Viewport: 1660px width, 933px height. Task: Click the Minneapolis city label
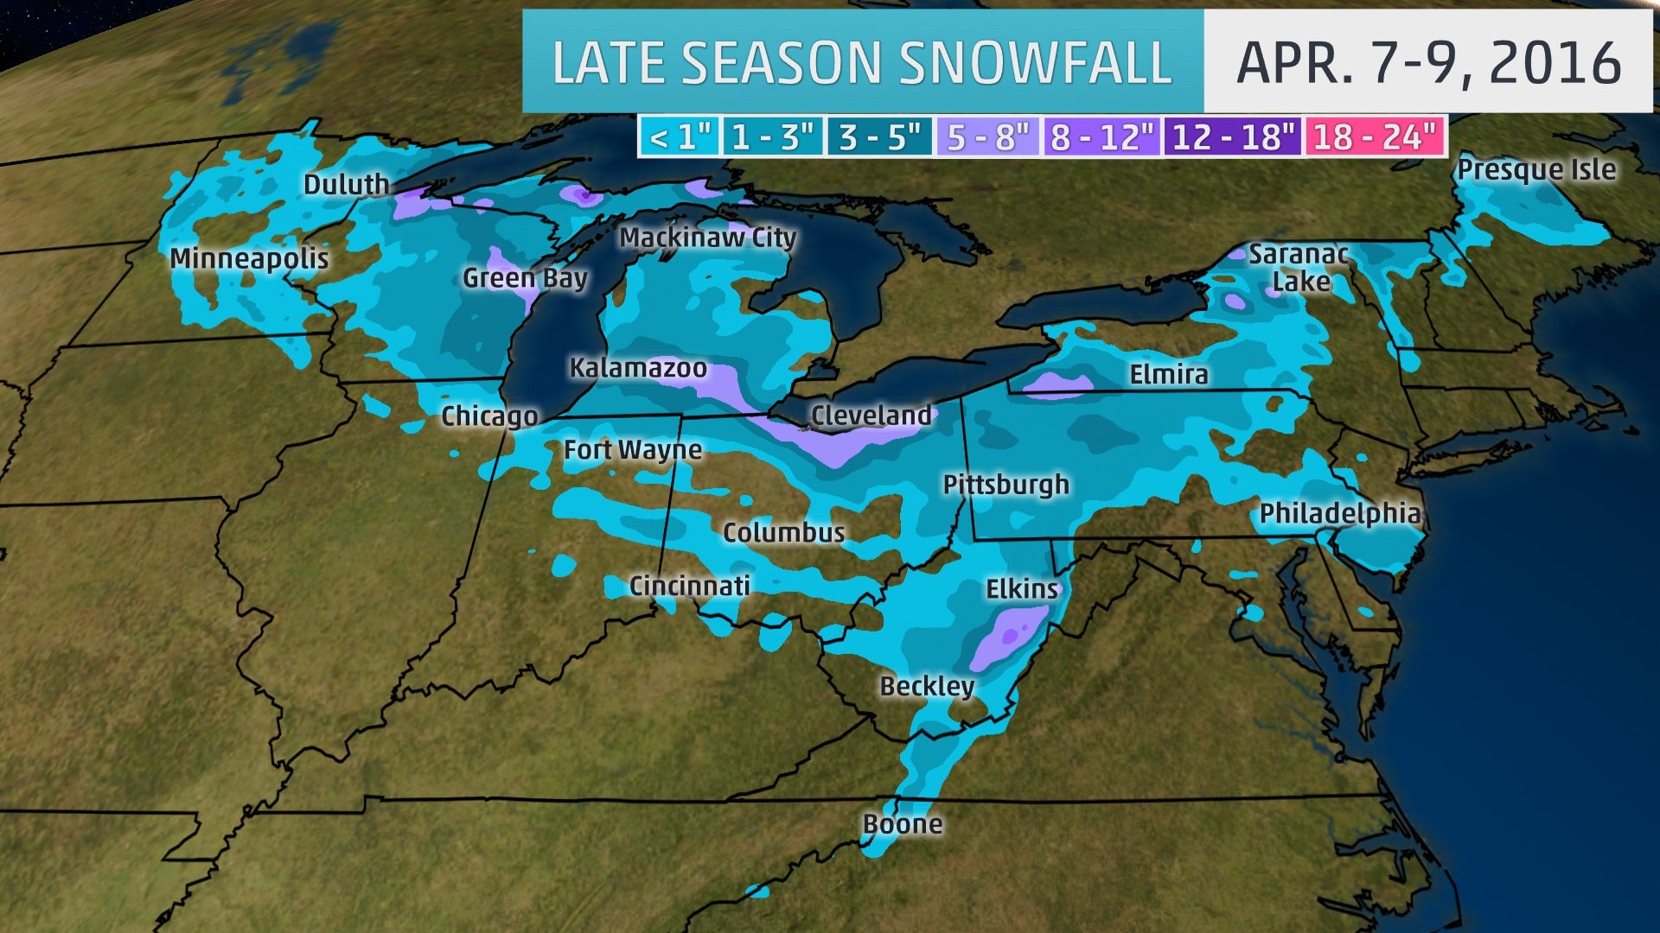(x=249, y=258)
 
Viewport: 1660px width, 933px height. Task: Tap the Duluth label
(x=346, y=184)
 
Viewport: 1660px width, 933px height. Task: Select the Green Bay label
(x=525, y=278)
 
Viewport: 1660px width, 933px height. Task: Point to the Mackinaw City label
(x=707, y=238)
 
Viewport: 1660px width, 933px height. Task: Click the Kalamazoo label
(x=638, y=368)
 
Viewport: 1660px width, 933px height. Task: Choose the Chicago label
(x=489, y=416)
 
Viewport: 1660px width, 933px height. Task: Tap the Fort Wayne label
(x=633, y=450)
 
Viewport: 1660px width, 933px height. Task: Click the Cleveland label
(x=871, y=416)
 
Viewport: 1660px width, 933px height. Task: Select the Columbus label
(x=783, y=532)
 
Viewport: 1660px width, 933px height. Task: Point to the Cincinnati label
(x=689, y=586)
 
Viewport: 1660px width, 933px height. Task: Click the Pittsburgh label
(x=1006, y=485)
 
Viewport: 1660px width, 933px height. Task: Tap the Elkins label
(x=1022, y=589)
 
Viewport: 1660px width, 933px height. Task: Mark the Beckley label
(x=927, y=687)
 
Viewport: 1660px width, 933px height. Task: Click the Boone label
(x=903, y=824)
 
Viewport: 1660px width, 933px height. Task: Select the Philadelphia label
(x=1339, y=514)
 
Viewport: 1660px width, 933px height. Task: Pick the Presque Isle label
(x=1536, y=169)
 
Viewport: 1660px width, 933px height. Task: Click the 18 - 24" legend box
(x=1375, y=136)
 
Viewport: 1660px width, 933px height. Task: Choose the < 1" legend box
(x=680, y=136)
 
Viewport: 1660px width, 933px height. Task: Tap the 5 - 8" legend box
(x=988, y=136)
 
